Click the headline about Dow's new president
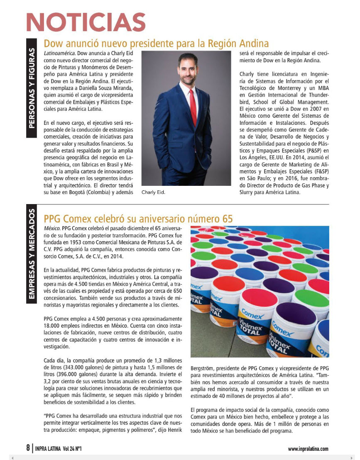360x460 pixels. [156, 43]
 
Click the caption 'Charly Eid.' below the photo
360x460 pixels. [153, 192]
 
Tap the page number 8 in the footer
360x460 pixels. [28, 448]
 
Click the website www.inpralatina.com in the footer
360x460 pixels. [308, 448]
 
